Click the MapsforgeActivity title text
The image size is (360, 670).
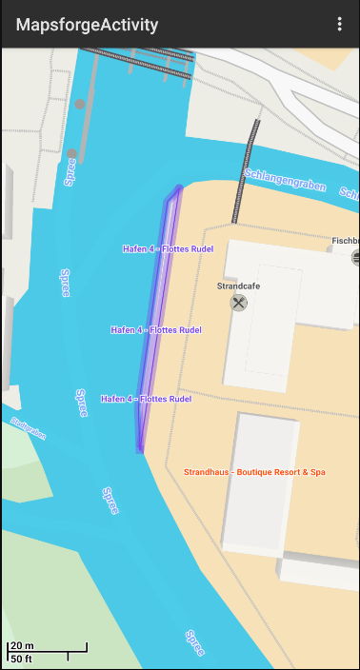coord(87,25)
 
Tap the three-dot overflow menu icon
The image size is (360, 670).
coord(339,25)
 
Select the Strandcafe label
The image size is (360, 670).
coord(239,285)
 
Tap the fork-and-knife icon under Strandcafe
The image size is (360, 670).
coord(239,303)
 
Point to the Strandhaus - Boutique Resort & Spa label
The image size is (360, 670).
coord(254,472)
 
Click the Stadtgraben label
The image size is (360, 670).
coord(28,427)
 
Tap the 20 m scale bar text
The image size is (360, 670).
coord(22,646)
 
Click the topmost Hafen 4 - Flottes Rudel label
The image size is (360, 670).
coord(168,249)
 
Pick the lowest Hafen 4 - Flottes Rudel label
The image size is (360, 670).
coord(146,400)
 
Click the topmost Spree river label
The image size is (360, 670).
coord(70,172)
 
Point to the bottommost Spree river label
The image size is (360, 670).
coord(194,644)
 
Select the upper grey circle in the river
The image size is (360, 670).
coord(80,104)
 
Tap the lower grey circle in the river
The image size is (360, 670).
coord(71,153)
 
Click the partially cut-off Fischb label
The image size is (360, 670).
coord(345,241)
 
